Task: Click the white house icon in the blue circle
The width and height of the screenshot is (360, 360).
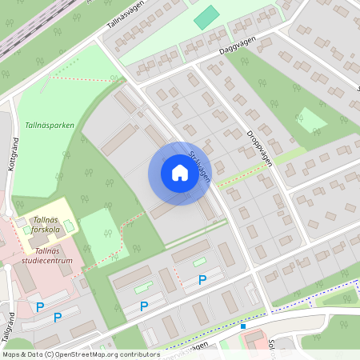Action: (x=179, y=173)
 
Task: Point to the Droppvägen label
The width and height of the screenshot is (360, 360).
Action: (x=259, y=147)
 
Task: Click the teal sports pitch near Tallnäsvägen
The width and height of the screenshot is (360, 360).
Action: (x=206, y=17)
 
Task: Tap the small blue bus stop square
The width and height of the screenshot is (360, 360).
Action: (x=242, y=326)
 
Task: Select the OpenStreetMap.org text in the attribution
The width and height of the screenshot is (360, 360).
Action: (x=86, y=354)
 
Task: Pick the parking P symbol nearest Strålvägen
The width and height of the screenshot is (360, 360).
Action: (x=202, y=279)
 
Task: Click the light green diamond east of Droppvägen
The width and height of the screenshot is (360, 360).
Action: (x=310, y=121)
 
